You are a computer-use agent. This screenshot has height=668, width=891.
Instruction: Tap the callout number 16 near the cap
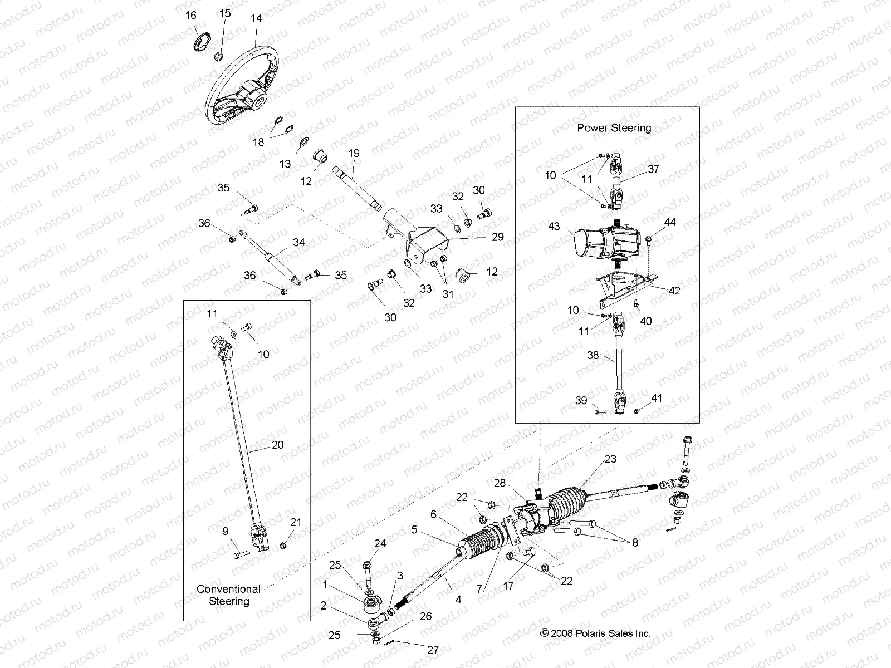coord(190,15)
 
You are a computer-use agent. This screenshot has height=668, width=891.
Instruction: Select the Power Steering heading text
coord(614,127)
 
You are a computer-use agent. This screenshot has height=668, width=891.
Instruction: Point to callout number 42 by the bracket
coord(674,291)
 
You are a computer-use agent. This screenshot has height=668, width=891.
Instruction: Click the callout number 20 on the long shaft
coord(277,444)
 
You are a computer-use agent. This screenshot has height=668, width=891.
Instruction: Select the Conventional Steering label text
coord(228,595)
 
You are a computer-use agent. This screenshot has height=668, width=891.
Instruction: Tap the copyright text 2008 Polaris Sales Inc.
coord(595,633)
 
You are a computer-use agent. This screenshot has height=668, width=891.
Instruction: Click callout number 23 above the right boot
coord(610,459)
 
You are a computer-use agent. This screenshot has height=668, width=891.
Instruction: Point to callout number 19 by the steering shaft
coord(354,153)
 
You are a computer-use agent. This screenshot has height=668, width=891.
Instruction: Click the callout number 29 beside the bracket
coord(497,237)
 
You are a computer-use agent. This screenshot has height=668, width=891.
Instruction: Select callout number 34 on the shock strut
coord(298,242)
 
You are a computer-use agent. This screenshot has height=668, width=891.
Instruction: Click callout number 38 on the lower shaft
coord(593,354)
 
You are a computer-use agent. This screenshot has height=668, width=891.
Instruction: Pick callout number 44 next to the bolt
coord(670,222)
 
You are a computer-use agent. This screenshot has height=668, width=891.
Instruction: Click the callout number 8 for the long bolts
coord(635,542)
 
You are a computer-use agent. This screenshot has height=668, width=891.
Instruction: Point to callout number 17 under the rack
coord(508,586)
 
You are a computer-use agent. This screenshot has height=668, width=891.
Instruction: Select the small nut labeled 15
coord(218,56)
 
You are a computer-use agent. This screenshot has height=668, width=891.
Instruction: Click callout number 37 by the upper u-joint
coord(653,168)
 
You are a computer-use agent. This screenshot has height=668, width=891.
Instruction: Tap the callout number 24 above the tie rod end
coord(380,543)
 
